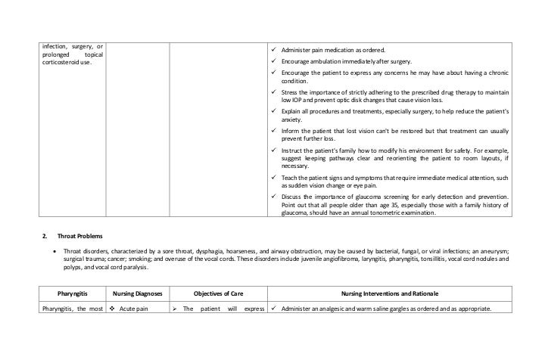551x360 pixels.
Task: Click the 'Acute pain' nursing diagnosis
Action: click(x=141, y=308)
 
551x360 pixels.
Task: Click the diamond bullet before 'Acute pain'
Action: click(x=111, y=308)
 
